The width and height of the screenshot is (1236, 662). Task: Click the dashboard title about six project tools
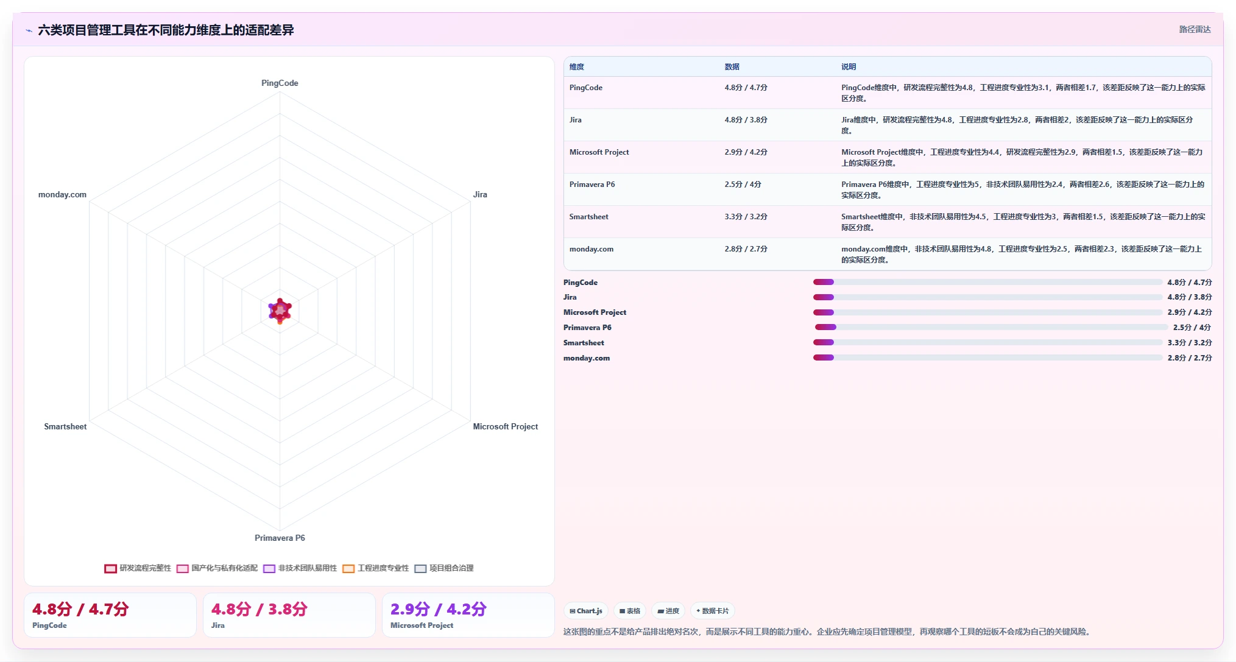pos(166,30)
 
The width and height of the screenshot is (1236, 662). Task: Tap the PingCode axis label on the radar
pos(280,83)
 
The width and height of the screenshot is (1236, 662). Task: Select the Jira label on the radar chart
pos(480,194)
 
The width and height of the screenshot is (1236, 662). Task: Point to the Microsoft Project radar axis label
pos(506,426)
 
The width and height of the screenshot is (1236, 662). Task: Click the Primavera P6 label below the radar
pos(280,538)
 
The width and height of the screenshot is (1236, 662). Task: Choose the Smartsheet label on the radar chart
pos(65,426)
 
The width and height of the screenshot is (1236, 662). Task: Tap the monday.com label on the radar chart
pos(62,194)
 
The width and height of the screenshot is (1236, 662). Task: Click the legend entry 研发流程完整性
pos(138,568)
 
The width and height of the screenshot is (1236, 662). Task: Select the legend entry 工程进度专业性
pos(376,568)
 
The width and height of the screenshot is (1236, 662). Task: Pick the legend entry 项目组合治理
pos(444,568)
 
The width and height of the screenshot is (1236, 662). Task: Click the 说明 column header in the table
pos(849,67)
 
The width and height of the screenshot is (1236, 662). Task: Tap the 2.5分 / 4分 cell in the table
pos(743,185)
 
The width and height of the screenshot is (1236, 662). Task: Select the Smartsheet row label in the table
pos(588,217)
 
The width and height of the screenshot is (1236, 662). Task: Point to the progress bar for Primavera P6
pos(988,328)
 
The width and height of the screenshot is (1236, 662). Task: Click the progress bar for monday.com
pos(988,358)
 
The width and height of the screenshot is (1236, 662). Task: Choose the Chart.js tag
pos(586,611)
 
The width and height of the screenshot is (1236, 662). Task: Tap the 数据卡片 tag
pos(712,611)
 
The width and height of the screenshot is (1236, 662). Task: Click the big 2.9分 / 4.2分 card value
pos(439,609)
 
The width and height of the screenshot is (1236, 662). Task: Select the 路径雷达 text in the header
pos(1195,29)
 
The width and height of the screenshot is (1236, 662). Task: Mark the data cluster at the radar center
pos(280,311)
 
